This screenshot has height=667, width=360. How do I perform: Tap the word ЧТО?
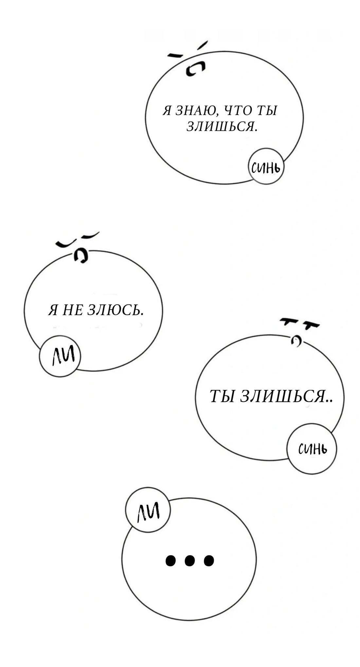click(236, 111)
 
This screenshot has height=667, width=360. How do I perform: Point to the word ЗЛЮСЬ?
click(115, 310)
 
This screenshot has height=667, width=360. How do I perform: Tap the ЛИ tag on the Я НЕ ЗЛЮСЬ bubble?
click(60, 356)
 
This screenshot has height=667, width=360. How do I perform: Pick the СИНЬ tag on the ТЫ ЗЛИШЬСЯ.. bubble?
click(312, 449)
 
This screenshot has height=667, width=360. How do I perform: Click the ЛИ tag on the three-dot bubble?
click(148, 511)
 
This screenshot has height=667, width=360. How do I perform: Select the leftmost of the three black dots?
click(170, 561)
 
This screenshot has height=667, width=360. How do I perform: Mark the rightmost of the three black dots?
click(209, 561)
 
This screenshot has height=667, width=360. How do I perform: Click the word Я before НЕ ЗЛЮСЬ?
click(52, 310)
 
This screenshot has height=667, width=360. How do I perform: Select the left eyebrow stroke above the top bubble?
click(175, 56)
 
